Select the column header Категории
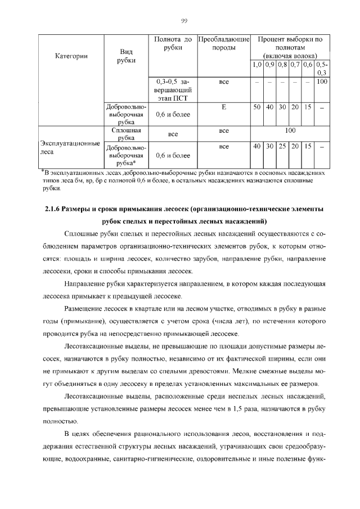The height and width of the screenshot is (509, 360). click(71, 56)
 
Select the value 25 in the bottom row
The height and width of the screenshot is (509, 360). click(282, 146)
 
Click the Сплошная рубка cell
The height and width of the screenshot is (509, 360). click(126, 133)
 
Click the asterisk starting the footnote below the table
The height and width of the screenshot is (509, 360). click(42, 170)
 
